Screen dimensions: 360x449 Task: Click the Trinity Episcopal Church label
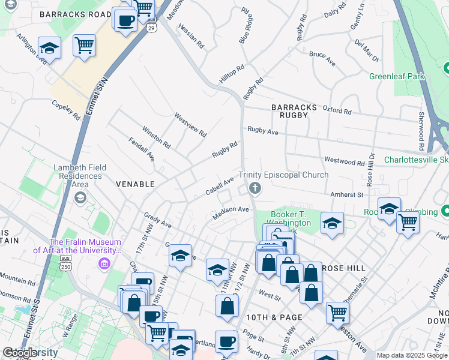pyautogui.click(x=283, y=175)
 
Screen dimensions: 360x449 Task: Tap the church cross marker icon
pyautogui.click(x=255, y=189)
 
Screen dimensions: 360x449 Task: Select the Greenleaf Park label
pyautogui.click(x=397, y=76)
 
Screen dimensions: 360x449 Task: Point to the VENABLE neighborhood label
pyautogui.click(x=135, y=184)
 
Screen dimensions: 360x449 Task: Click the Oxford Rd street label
pyautogui.click(x=337, y=110)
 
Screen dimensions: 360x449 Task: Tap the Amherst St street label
pyautogui.click(x=347, y=194)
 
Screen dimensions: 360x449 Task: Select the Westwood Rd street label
pyautogui.click(x=344, y=162)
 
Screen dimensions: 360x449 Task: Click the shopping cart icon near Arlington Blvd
pyautogui.click(x=84, y=44)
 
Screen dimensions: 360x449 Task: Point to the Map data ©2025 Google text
pyautogui.click(x=412, y=355)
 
